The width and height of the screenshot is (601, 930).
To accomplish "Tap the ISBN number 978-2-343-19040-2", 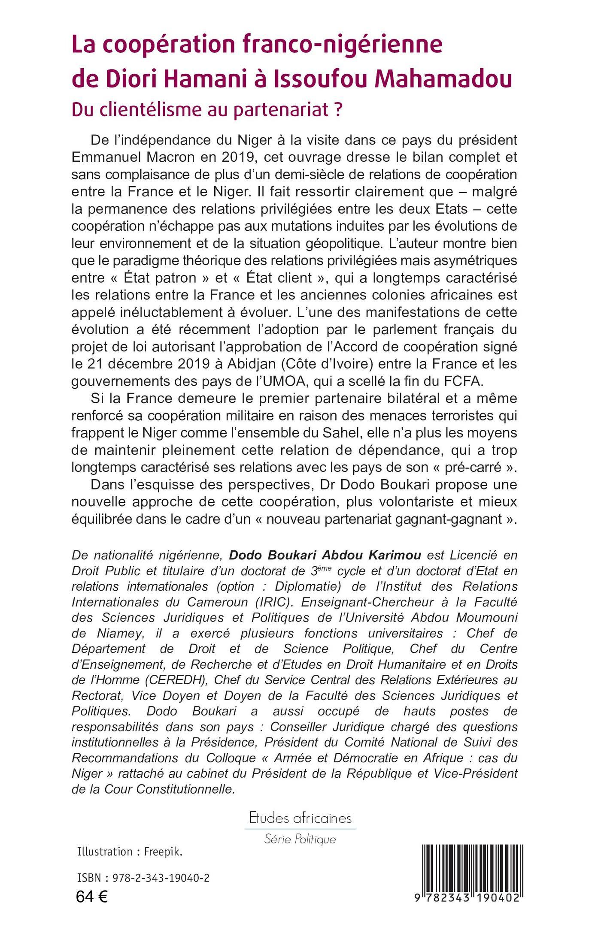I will (x=161, y=878).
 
